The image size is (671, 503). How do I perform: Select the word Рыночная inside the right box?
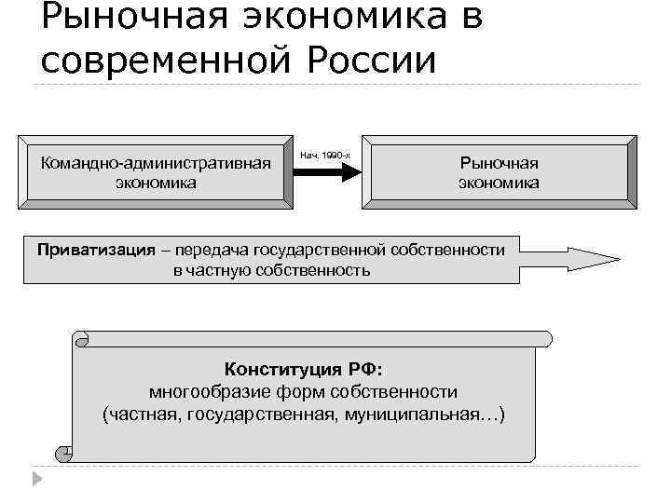[499, 162]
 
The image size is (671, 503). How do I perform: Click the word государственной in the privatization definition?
[326, 250]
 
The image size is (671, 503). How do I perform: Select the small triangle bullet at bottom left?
[35, 479]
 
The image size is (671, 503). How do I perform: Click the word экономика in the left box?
[156, 183]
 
